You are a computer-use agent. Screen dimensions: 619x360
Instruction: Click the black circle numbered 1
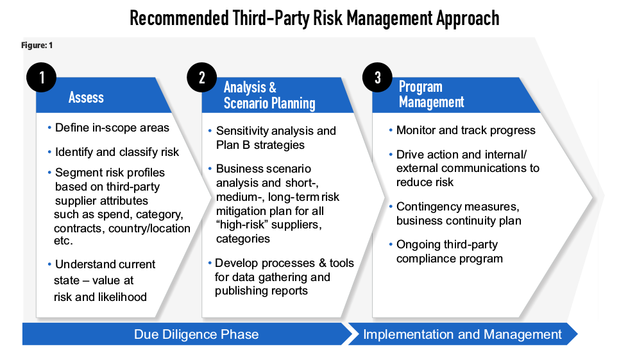(42, 78)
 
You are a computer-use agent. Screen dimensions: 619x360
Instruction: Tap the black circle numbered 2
(201, 78)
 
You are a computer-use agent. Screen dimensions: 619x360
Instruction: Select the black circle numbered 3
(377, 78)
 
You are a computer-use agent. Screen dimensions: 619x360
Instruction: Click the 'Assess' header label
(86, 97)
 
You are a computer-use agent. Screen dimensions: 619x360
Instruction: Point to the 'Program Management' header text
(432, 94)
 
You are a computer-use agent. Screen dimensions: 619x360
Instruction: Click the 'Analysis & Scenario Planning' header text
(269, 95)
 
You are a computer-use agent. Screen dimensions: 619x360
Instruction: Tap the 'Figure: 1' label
(37, 46)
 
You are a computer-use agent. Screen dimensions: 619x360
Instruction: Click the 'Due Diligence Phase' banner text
(196, 334)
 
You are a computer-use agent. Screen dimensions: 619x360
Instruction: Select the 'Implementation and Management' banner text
(462, 334)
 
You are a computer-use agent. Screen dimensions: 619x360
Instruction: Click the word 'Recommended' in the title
(179, 18)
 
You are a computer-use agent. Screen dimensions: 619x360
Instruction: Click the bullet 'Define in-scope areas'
(112, 128)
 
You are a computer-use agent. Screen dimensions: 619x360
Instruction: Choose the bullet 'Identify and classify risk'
(117, 152)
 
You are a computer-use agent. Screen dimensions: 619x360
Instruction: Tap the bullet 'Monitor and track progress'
(466, 130)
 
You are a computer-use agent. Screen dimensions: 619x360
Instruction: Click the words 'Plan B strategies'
(260, 145)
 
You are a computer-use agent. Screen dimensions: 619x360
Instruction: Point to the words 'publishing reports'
(261, 291)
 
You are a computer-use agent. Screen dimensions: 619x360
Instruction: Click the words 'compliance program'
(450, 259)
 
